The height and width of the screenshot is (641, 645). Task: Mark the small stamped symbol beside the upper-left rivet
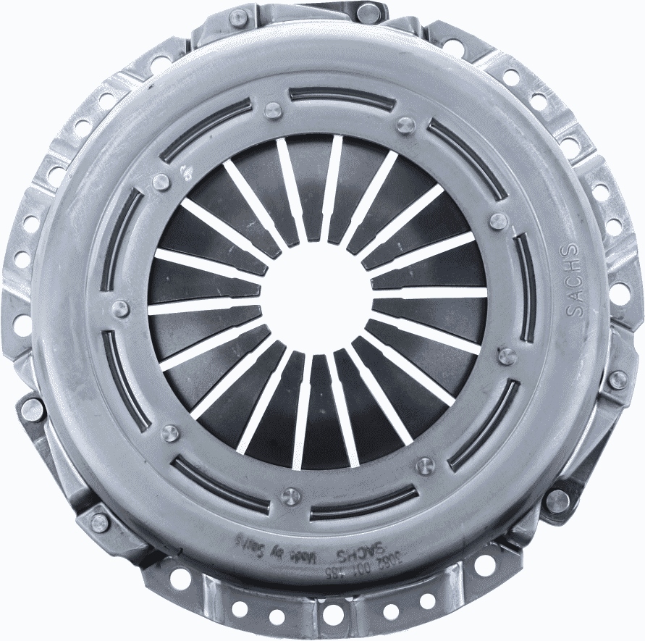point(185,172)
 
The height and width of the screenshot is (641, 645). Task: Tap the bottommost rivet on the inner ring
point(292,496)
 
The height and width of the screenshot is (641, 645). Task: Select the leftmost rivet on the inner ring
point(122,309)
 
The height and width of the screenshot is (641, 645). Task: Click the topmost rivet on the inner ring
point(272,110)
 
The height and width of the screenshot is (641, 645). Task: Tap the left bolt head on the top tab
point(238,17)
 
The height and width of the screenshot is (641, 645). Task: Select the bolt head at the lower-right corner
point(557,500)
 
